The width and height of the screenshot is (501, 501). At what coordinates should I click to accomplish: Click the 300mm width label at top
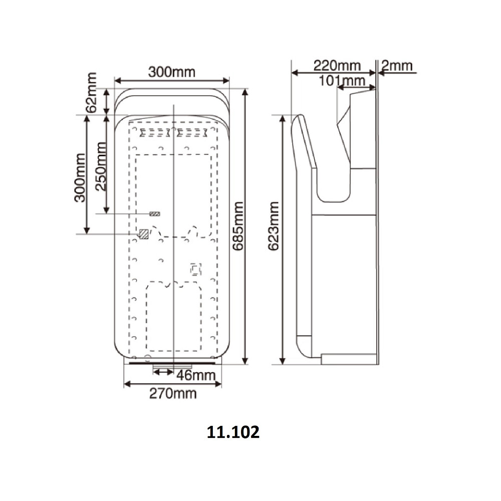tap(171, 72)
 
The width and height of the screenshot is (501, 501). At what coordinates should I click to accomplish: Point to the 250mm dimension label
tap(101, 166)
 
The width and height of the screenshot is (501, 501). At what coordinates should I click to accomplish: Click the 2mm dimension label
tap(396, 65)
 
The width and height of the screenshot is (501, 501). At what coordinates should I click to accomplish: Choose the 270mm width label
tap(173, 393)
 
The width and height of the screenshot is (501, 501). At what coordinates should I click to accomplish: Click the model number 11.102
tap(233, 432)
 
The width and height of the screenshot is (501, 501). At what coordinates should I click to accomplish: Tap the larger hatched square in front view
tap(144, 233)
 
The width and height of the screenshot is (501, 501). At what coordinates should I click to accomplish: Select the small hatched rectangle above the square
tap(155, 214)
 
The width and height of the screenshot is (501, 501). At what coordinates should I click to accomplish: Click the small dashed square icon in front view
tap(195, 270)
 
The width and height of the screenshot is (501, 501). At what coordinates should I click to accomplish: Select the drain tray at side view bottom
tap(348, 358)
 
